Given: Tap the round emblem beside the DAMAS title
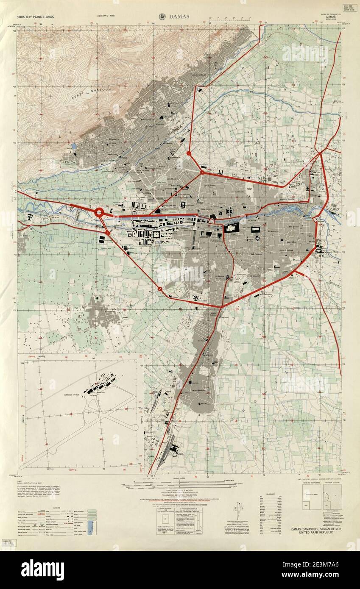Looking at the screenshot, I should pyautogui.click(x=162, y=17).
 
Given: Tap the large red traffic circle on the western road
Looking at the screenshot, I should pyautogui.click(x=99, y=213).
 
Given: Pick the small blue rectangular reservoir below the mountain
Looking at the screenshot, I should pyautogui.click(x=74, y=145).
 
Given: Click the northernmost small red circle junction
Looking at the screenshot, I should pyautogui.click(x=189, y=153).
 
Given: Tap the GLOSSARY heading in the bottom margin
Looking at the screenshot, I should pyautogui.click(x=271, y=494).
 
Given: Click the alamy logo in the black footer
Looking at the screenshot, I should pyautogui.click(x=42, y=570).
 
